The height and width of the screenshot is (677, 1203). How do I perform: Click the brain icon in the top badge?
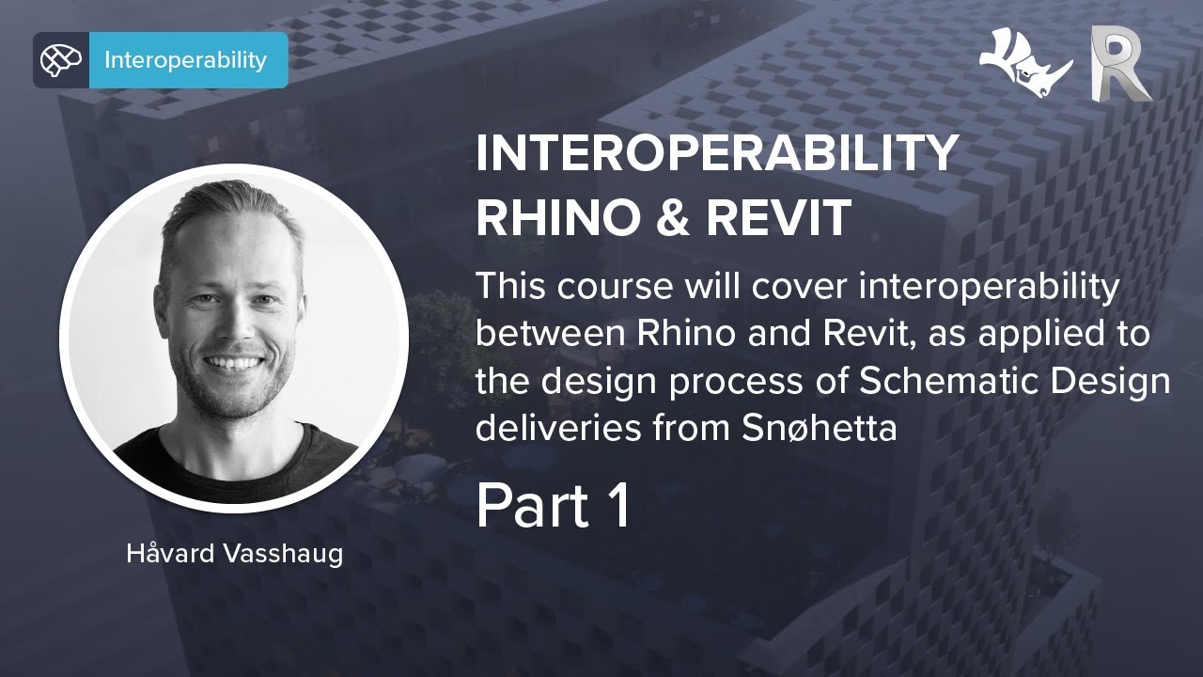pyautogui.click(x=61, y=60)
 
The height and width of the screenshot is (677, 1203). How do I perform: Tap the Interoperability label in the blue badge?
pyautogui.click(x=185, y=60)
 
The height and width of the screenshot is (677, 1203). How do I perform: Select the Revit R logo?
pyautogui.click(x=1119, y=63)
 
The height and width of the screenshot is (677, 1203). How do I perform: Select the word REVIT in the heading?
pyautogui.click(x=779, y=218)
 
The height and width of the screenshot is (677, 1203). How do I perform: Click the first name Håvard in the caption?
pyautogui.click(x=172, y=554)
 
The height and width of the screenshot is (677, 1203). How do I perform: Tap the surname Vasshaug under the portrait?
pyautogui.click(x=283, y=554)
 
